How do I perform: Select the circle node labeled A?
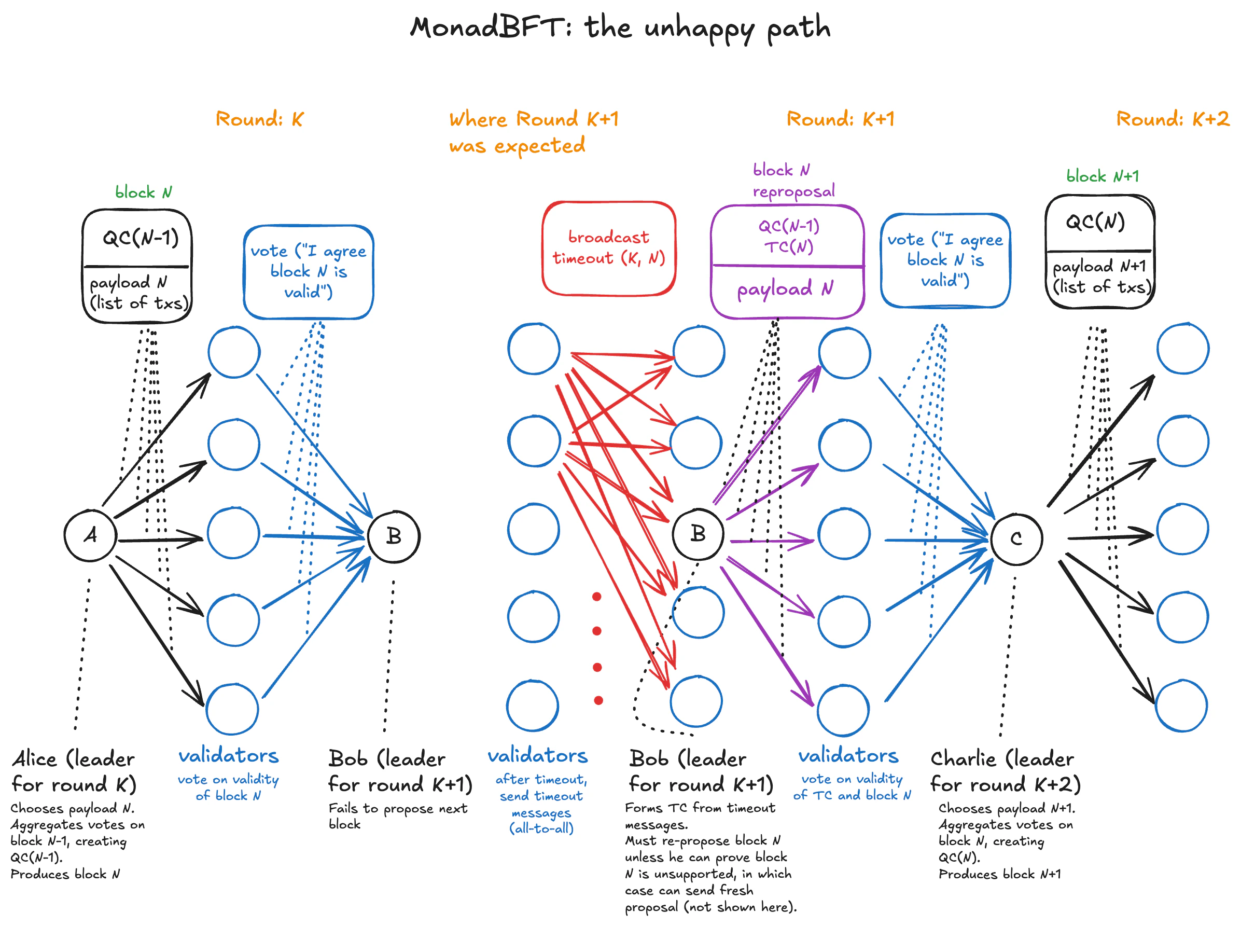90,535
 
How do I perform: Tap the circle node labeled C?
1015,538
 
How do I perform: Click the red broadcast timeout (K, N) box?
608,248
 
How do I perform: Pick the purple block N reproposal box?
787,262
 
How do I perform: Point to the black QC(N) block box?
1099,252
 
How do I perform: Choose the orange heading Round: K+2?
1172,119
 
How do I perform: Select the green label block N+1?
1101,176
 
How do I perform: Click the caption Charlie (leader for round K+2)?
1004,771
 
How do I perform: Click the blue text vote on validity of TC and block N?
851,786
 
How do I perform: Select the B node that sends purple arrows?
698,534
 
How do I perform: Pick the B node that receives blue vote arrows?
394,536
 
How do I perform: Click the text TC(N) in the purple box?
788,246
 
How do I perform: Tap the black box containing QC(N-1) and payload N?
137,266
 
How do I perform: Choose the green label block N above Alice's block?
144,192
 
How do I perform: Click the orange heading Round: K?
259,119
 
